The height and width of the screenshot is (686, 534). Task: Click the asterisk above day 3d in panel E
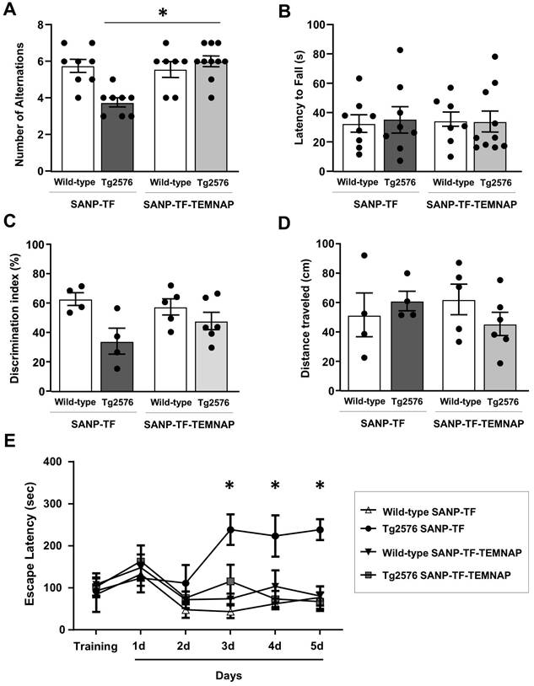point(229,486)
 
